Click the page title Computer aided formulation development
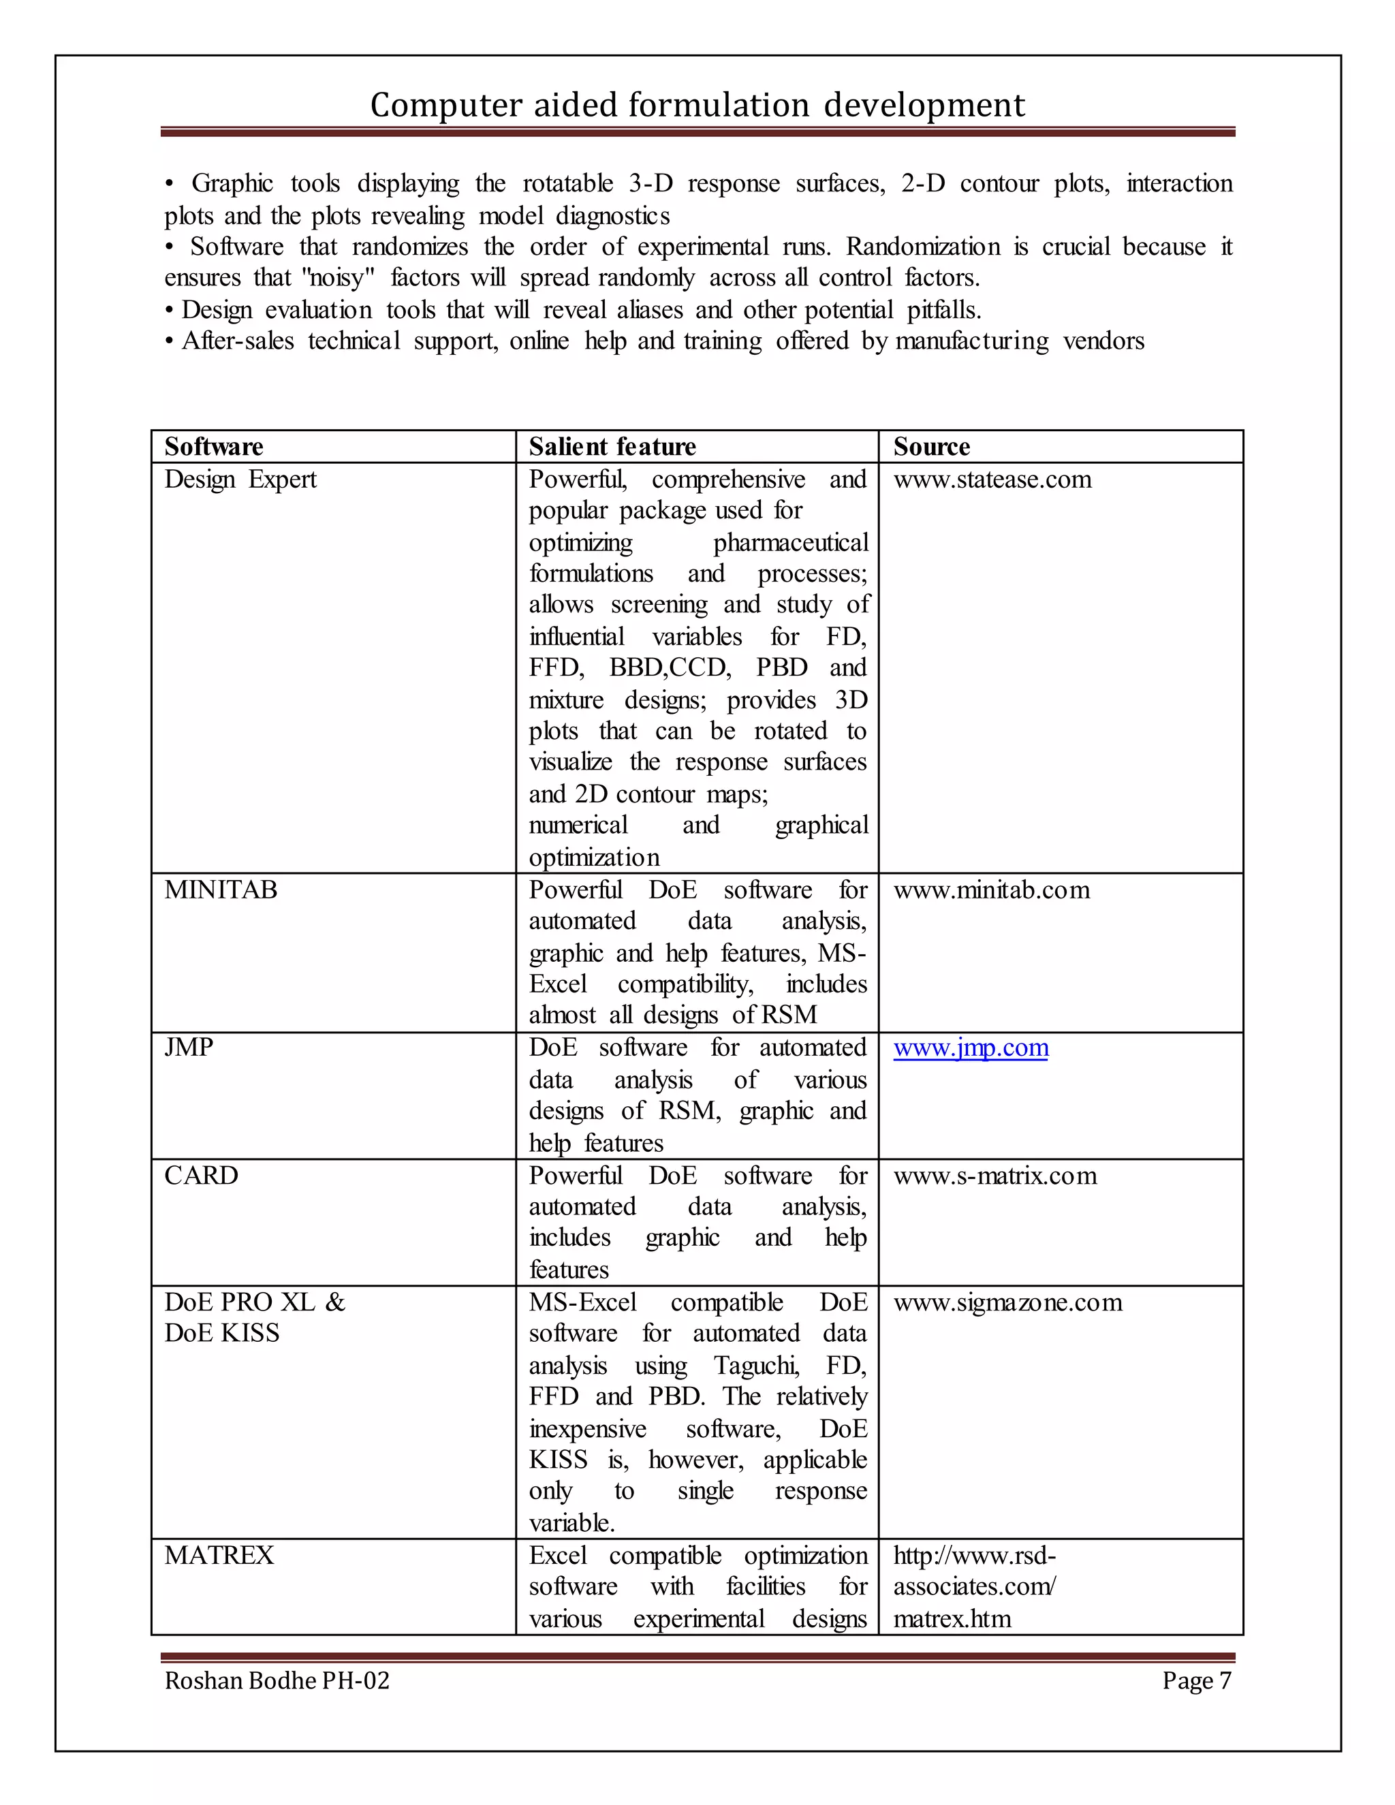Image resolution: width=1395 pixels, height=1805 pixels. [x=697, y=105]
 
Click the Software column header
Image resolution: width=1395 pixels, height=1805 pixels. [x=213, y=446]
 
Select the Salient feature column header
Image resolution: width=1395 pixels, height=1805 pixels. [x=612, y=446]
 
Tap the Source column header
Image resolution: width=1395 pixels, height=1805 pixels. [x=930, y=446]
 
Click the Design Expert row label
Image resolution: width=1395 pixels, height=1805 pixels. [x=240, y=480]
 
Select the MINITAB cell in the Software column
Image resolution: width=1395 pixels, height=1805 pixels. [x=220, y=890]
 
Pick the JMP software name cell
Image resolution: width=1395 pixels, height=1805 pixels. [x=189, y=1047]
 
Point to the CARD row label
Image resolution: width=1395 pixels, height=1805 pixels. [x=201, y=1175]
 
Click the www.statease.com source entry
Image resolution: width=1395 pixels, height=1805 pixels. [x=992, y=480]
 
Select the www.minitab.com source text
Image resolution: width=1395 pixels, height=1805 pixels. [x=991, y=890]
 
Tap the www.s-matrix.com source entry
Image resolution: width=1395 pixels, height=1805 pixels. [x=994, y=1175]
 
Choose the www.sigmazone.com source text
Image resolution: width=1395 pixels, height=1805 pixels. [x=1007, y=1302]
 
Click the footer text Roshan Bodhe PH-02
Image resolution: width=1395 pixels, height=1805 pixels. [x=276, y=1680]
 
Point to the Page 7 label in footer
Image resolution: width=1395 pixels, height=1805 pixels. [x=1196, y=1680]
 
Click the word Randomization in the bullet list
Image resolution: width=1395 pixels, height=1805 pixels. [x=922, y=247]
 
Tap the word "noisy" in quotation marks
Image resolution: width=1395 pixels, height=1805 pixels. [x=339, y=278]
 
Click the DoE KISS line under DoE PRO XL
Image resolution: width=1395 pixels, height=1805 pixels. [x=221, y=1333]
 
